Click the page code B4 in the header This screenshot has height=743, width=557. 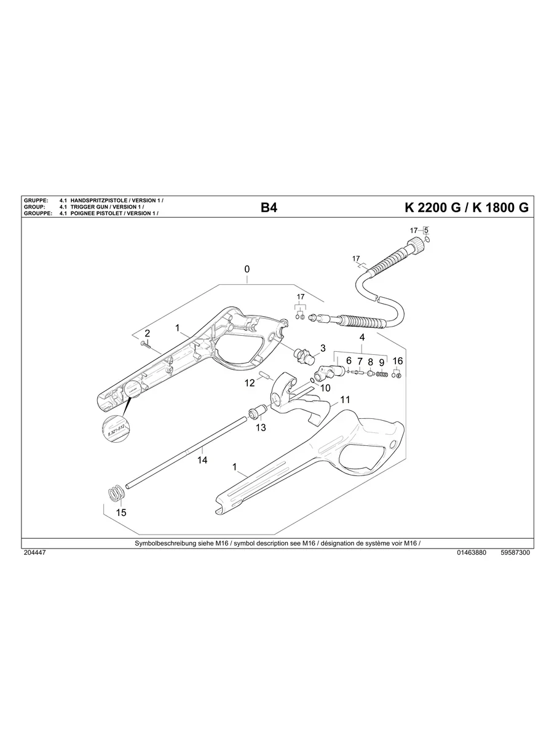tap(269, 208)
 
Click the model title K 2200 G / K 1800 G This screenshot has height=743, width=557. tap(466, 208)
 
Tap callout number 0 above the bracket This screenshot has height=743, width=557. tap(247, 269)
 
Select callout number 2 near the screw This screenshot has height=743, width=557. tap(148, 333)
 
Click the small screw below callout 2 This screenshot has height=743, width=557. tap(145, 343)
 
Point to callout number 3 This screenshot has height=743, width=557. tap(323, 348)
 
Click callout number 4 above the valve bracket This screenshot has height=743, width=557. tap(362, 338)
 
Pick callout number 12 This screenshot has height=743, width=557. tap(250, 383)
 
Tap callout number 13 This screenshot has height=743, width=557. tap(261, 427)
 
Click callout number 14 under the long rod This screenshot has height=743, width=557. tap(202, 459)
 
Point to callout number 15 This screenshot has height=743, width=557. tap(121, 512)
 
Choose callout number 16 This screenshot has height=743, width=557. tap(398, 360)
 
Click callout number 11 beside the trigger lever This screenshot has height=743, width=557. tap(345, 400)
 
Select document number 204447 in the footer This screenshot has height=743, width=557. tap(34, 552)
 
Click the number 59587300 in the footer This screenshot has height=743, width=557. tap(515, 552)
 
